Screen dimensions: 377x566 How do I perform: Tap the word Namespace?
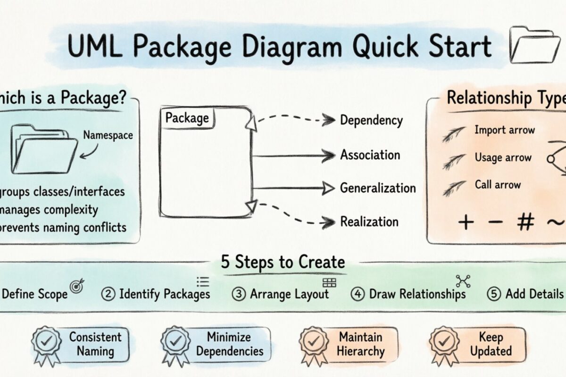tap(108, 136)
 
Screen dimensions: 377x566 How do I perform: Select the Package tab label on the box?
tap(187, 118)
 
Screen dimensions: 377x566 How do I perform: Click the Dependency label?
tap(372, 121)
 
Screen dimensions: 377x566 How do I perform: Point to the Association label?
tap(370, 155)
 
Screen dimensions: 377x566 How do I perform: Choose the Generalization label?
tap(378, 188)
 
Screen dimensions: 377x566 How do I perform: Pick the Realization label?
tap(369, 221)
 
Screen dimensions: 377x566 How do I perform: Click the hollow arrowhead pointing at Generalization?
tap(328, 188)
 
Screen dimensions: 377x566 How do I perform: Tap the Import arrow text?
tap(505, 130)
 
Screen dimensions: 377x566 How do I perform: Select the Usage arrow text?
tap(503, 158)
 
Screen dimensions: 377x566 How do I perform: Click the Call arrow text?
tap(498, 185)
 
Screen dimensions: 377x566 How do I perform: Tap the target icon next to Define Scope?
tap(76, 286)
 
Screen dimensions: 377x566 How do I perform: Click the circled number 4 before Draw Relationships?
tap(358, 294)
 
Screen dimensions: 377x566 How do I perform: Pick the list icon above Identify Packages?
tap(203, 282)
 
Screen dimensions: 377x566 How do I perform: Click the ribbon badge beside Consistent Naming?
tap(46, 344)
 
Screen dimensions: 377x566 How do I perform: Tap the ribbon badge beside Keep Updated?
tap(444, 344)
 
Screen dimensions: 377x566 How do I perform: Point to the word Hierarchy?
tap(361, 351)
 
